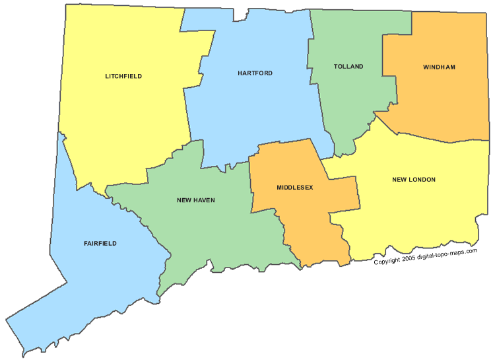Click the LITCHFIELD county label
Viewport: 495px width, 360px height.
click(x=123, y=76)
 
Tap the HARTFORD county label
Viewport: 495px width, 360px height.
click(x=255, y=73)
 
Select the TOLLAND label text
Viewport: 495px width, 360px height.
click(x=348, y=67)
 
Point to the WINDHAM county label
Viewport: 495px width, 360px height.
click(x=439, y=67)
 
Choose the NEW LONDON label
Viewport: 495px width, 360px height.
click(x=414, y=180)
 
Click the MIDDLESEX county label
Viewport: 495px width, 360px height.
click(x=294, y=188)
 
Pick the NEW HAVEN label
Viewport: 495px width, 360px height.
click(x=195, y=199)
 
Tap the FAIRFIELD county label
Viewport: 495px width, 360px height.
click(x=100, y=243)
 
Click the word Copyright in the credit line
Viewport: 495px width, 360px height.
click(x=387, y=262)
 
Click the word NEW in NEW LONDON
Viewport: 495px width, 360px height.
click(x=399, y=180)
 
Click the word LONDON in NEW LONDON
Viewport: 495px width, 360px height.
click(x=422, y=180)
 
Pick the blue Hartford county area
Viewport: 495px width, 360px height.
click(x=257, y=112)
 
